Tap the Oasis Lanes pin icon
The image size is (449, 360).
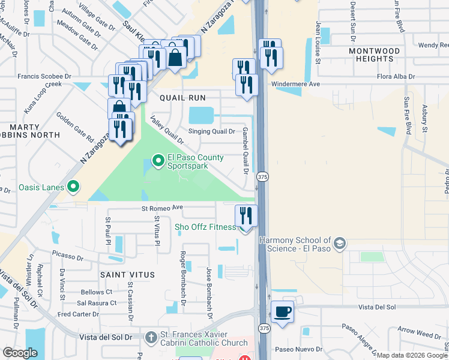[73, 188]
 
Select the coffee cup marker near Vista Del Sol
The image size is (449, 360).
[283, 311]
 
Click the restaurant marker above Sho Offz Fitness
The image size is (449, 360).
[246, 215]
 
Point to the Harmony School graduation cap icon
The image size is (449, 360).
[340, 244]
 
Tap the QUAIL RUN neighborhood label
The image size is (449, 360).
[182, 97]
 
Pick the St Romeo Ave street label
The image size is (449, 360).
[161, 208]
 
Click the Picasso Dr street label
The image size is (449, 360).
[67, 256]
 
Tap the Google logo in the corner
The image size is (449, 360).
[20, 353]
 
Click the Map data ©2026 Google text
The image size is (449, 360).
[411, 355]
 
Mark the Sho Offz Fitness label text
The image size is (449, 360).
[205, 227]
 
